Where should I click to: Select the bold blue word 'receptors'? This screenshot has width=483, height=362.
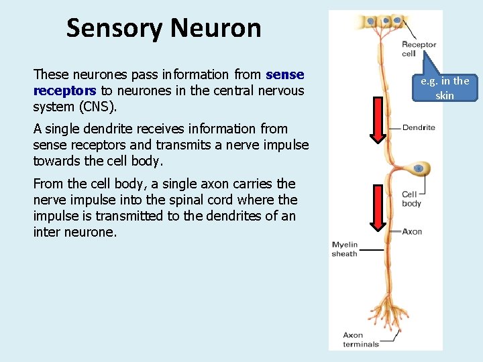(x=65, y=90)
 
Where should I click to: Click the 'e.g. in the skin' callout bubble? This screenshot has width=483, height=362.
(x=445, y=88)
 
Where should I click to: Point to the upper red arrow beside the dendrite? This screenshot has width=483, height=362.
(x=378, y=121)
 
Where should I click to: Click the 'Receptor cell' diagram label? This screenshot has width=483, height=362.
(x=419, y=49)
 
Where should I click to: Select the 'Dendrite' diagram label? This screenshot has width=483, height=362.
(x=419, y=127)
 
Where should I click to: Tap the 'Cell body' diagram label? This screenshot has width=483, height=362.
(x=411, y=199)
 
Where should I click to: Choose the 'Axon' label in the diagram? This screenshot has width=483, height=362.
(x=412, y=231)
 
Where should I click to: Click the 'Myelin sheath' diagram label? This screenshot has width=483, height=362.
(x=345, y=249)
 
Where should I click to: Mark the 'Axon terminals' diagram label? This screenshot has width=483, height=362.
(x=360, y=339)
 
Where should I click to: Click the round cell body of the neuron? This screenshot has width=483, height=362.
(x=421, y=169)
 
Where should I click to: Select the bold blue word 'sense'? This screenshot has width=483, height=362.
(x=285, y=74)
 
